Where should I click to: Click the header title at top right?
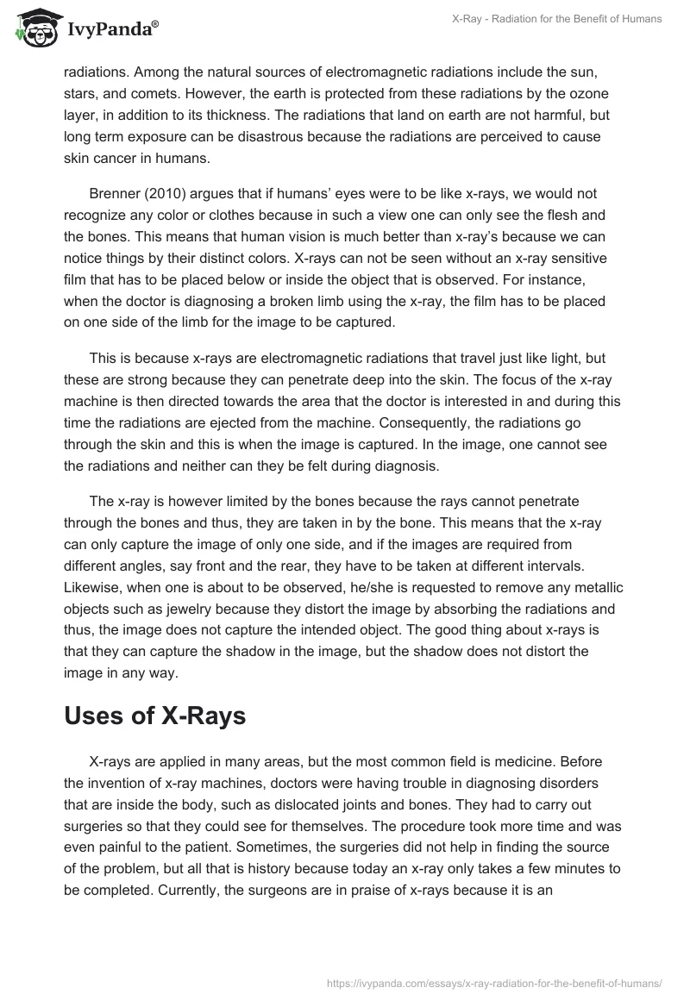557,19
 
